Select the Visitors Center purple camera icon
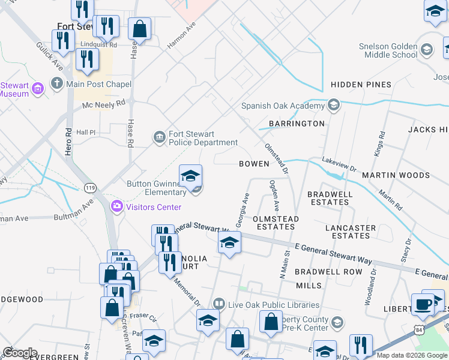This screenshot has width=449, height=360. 116,207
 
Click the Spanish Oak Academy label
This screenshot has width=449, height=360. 283,106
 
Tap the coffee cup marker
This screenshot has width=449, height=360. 423,304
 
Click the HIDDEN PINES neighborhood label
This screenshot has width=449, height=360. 361,85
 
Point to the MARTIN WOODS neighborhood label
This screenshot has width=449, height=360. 396,175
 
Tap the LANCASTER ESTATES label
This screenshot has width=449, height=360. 351,232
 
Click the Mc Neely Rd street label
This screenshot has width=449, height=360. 104,104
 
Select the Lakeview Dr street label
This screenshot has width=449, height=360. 339,161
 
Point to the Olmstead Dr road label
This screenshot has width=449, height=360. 277,158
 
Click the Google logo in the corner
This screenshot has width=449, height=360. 20,352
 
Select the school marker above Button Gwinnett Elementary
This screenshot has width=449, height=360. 190,175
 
